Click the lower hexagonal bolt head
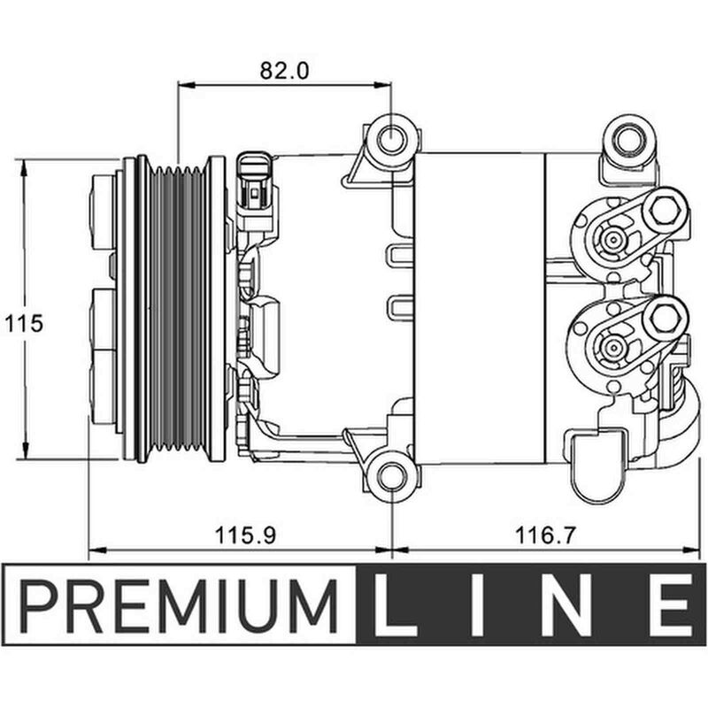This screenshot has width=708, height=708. [666, 317]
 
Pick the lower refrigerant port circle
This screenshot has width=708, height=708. [612, 345]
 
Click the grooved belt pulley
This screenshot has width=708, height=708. [180, 310]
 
